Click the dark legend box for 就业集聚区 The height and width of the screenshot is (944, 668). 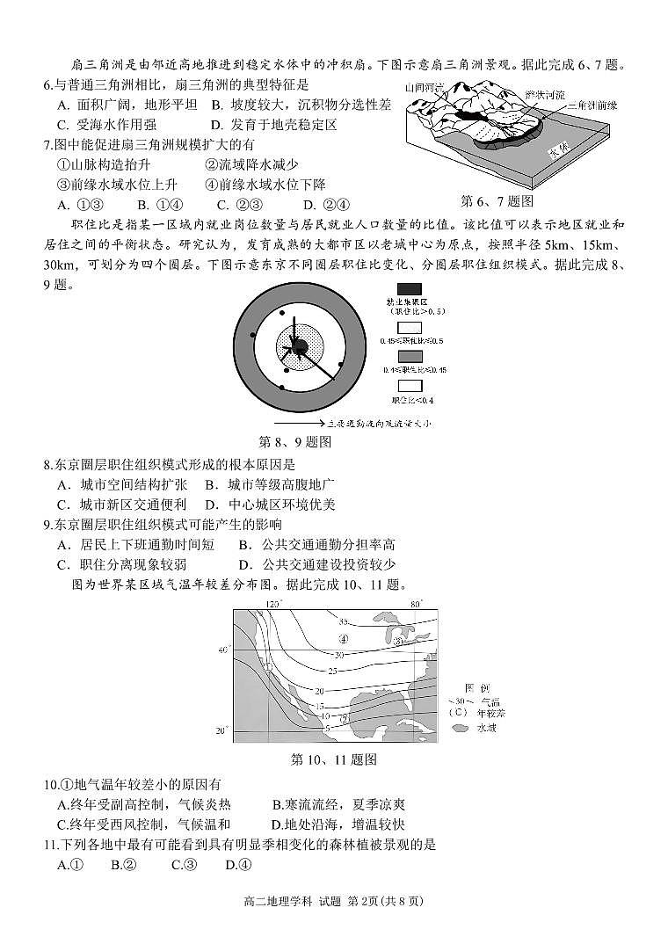click(409, 288)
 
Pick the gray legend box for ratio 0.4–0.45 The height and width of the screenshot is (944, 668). click(409, 355)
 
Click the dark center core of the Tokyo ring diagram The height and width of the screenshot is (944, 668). click(299, 346)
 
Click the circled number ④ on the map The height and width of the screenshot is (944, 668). click(344, 638)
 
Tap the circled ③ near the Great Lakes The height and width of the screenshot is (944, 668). click(397, 642)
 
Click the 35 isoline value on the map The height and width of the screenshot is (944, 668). click(344, 621)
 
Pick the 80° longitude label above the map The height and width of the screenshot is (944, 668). click(417, 604)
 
